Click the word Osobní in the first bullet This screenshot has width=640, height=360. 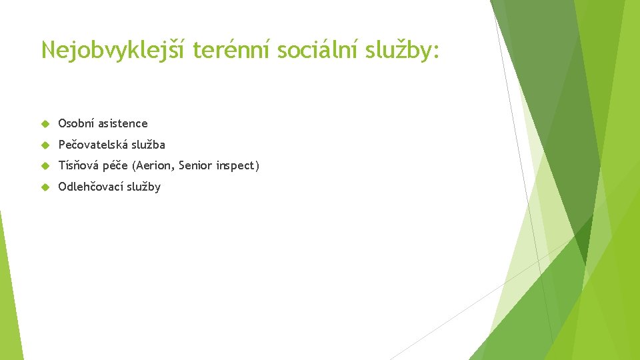point(76,123)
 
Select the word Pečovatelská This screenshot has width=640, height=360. point(91,145)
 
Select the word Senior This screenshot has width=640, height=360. point(199,165)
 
